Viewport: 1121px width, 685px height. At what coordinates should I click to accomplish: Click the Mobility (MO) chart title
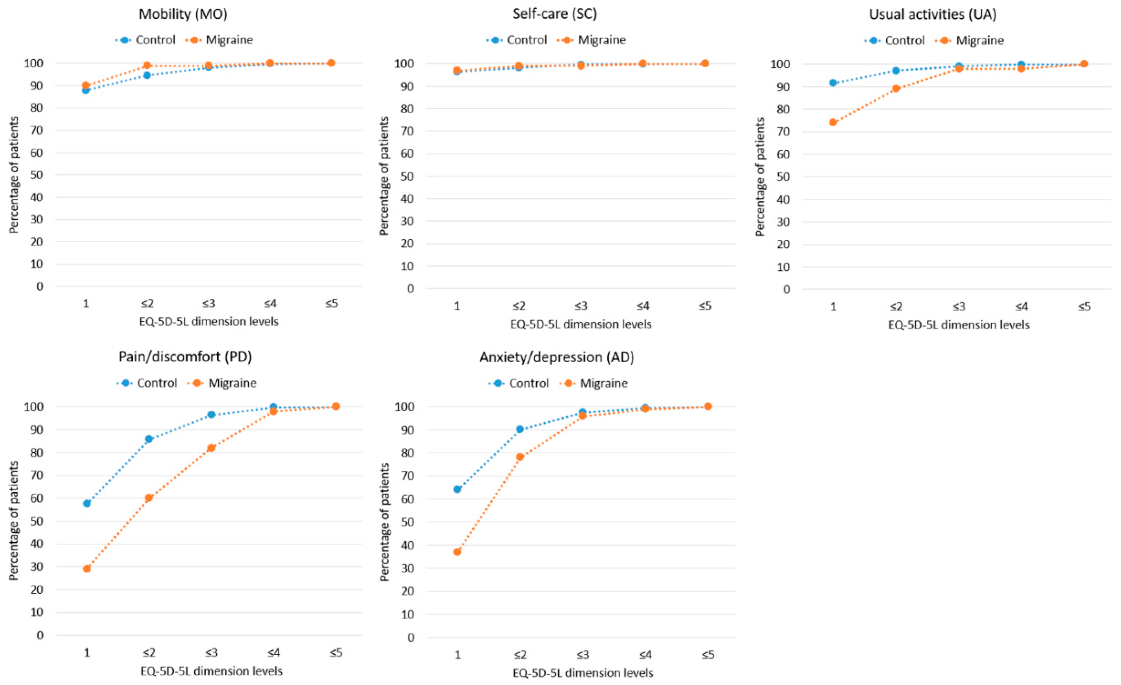(183, 14)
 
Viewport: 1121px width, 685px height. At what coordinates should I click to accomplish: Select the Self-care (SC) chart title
(555, 14)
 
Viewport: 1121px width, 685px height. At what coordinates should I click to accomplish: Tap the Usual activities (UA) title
(933, 14)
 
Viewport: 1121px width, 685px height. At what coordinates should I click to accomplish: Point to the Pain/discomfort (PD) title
(185, 357)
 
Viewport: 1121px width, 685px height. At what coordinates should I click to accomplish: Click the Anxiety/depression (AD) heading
(557, 357)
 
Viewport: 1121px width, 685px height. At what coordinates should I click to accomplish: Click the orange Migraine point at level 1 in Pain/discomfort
(87, 568)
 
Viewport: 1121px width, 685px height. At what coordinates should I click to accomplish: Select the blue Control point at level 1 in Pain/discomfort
(87, 503)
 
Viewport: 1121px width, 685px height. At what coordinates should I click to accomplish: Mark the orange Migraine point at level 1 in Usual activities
(833, 122)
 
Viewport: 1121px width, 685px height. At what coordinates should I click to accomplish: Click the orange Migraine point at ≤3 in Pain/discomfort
(211, 448)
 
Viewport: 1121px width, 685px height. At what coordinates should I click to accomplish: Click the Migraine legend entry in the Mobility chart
(220, 40)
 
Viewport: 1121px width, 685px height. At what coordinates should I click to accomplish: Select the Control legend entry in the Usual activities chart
(895, 40)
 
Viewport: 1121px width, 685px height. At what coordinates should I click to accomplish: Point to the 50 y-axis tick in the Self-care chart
(407, 176)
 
